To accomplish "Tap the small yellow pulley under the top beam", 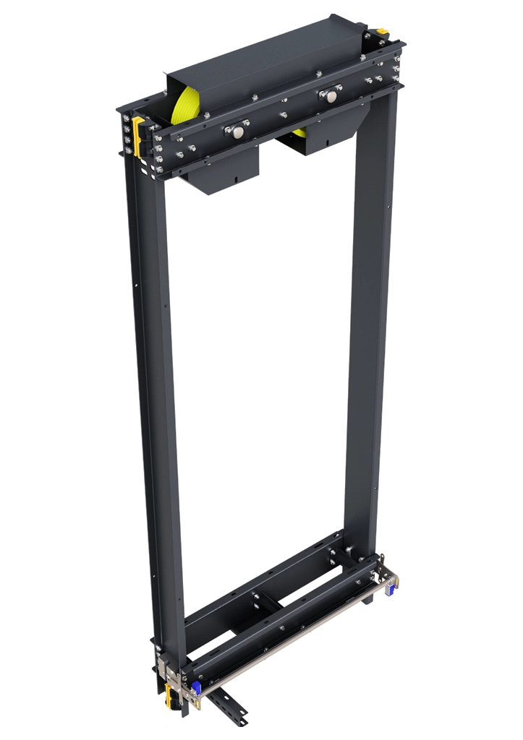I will [x=298, y=134].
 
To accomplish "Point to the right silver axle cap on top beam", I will [x=331, y=95].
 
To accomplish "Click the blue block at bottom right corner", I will [x=390, y=589].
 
